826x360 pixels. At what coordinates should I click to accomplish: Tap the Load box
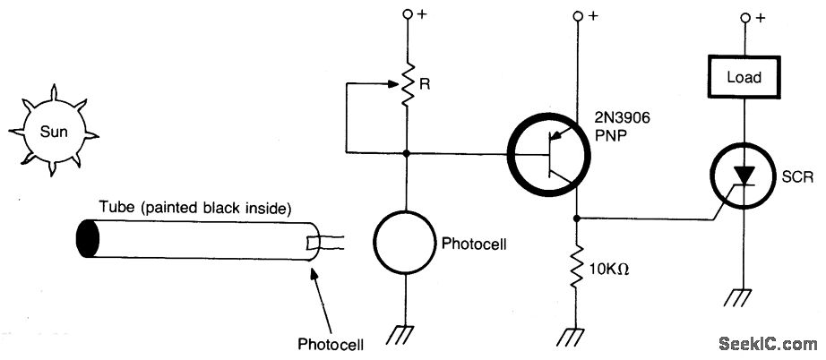click(x=744, y=77)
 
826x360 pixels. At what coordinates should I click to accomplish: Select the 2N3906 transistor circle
click(x=549, y=156)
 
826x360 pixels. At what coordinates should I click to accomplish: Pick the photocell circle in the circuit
click(x=409, y=243)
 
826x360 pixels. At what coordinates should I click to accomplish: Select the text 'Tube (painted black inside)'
click(x=195, y=210)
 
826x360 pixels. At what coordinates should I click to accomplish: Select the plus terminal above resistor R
click(x=409, y=15)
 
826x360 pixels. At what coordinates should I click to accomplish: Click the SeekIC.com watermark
click(x=769, y=342)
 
